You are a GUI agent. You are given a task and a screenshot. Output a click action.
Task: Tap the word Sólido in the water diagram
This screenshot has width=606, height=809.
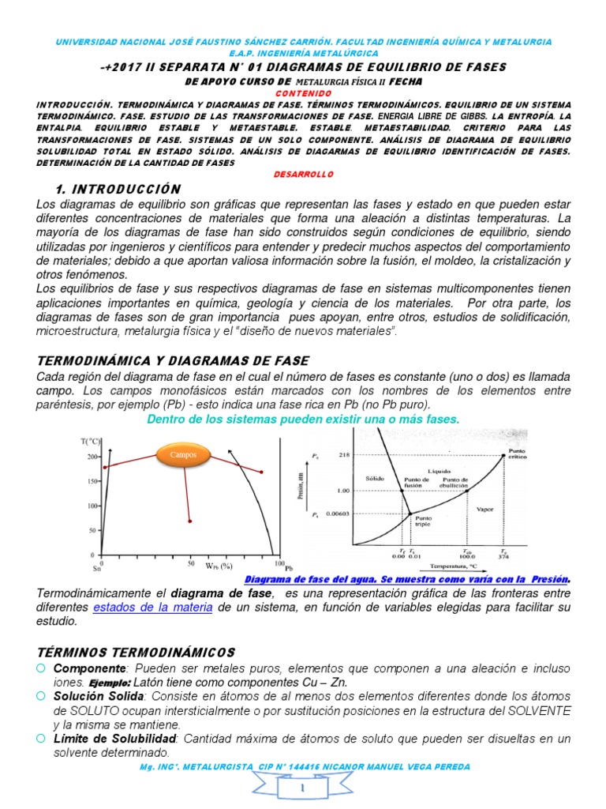375,479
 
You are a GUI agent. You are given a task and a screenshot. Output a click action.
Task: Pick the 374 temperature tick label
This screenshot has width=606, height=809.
505,556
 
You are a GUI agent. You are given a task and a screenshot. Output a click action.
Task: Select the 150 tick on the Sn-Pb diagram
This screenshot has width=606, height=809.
93,481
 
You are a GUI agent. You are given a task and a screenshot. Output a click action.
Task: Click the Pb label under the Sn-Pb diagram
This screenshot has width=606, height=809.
289,567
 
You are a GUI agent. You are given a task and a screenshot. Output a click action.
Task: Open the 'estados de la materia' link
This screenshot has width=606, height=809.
152,607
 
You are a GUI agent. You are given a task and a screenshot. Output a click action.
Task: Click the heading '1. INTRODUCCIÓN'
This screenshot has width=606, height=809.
118,189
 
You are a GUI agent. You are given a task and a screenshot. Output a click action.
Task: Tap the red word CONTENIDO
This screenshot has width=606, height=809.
302,92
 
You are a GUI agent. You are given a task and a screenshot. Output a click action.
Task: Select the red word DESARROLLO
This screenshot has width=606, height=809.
302,174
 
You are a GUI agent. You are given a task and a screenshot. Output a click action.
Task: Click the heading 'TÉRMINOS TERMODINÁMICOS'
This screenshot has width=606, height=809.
137,652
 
